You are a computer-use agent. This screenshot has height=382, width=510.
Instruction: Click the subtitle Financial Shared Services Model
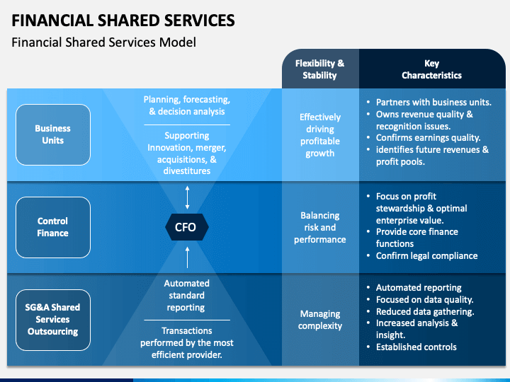click(x=103, y=42)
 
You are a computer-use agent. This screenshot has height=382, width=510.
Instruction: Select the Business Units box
click(x=53, y=134)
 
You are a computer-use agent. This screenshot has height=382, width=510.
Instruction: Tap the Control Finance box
click(x=53, y=227)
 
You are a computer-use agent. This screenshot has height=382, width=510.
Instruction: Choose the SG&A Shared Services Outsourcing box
click(x=53, y=320)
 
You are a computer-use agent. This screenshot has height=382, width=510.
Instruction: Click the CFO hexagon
click(x=186, y=227)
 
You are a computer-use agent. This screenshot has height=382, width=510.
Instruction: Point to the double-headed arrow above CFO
click(x=187, y=195)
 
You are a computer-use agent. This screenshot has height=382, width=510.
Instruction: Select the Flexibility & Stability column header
click(x=319, y=69)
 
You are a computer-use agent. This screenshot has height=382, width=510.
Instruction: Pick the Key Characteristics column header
click(x=431, y=69)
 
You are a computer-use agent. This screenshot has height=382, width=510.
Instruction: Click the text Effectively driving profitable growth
click(x=319, y=135)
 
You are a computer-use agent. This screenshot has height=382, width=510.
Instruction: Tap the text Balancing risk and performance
click(x=319, y=227)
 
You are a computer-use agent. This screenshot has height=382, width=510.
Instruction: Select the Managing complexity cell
click(x=319, y=320)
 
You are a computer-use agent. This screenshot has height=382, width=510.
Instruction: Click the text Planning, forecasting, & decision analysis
click(x=186, y=105)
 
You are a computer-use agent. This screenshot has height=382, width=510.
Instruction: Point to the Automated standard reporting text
click(x=186, y=296)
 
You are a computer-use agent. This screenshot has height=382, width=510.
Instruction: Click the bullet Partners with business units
click(x=433, y=102)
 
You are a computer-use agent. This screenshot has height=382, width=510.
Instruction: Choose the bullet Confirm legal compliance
click(x=426, y=256)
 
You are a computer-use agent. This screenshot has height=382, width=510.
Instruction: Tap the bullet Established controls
click(x=416, y=347)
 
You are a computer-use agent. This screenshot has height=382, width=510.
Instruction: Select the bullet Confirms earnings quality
click(x=428, y=138)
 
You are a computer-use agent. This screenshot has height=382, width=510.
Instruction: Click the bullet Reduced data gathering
click(x=424, y=311)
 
